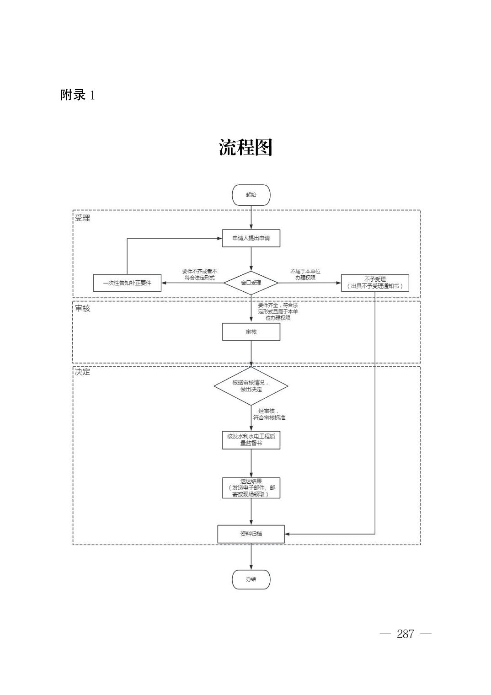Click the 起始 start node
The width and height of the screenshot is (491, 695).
[x=251, y=195]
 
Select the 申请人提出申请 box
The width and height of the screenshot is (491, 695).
[x=251, y=238]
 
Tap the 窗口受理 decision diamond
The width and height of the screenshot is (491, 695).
[x=251, y=283]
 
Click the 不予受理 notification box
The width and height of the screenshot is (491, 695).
[x=375, y=283]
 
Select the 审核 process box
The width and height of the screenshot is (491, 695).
[x=251, y=332]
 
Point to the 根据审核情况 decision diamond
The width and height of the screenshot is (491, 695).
[x=251, y=386]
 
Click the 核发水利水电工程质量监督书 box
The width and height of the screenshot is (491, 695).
[x=251, y=439]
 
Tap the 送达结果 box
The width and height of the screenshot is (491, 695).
[x=251, y=488]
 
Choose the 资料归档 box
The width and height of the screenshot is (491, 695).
[x=251, y=534]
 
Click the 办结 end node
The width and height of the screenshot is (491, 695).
[x=251, y=579]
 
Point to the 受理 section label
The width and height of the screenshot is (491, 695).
[x=83, y=218]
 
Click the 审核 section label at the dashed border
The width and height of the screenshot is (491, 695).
[x=83, y=309]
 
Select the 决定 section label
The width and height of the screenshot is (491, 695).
[x=83, y=372]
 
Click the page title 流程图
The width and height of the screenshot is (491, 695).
[x=245, y=147]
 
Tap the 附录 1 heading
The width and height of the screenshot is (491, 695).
[x=78, y=95]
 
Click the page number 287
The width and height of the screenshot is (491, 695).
[x=406, y=634]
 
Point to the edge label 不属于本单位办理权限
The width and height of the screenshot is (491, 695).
[x=305, y=274]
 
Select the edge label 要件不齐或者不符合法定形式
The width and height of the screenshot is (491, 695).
[x=200, y=274]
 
